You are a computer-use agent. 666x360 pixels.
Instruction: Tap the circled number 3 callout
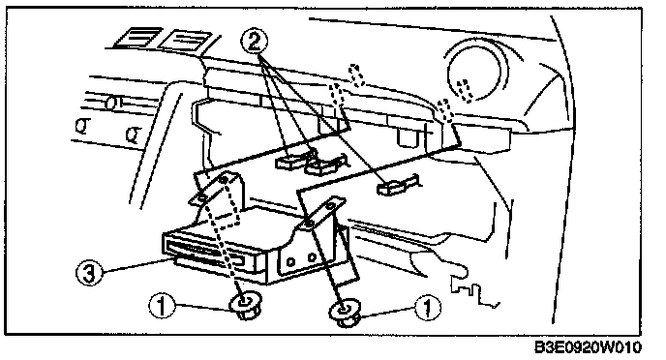[x=89, y=273]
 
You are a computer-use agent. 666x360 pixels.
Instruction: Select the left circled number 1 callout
[x=162, y=305]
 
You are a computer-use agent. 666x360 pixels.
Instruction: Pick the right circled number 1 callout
[x=428, y=307]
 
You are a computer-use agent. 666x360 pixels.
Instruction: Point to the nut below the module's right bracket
[x=346, y=313]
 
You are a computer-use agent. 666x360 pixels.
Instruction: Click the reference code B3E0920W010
[x=588, y=347]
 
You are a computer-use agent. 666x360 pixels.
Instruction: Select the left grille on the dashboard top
[x=136, y=37]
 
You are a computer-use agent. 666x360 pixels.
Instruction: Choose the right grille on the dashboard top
[x=185, y=41]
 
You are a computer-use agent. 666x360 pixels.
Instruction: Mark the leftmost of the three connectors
[x=290, y=161]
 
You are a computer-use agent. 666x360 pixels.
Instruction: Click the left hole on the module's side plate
[x=291, y=262]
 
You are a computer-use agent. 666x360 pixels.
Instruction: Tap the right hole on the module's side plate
[x=312, y=256]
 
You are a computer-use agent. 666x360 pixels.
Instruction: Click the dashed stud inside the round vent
[x=465, y=90]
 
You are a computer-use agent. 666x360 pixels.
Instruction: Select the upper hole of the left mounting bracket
[x=223, y=180]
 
